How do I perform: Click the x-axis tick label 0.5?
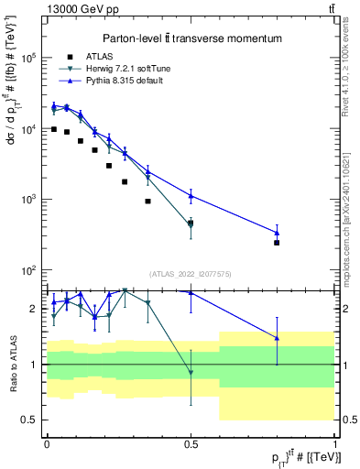coord(191,443)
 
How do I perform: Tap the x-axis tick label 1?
coord(334,443)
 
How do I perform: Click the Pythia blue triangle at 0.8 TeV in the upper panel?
coord(277,233)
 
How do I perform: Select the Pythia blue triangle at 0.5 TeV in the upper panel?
coord(191,195)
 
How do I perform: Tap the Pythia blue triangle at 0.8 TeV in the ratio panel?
coord(277,338)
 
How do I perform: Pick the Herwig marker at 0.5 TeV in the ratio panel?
coord(191,372)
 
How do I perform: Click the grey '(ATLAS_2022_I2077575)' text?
coord(191,274)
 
